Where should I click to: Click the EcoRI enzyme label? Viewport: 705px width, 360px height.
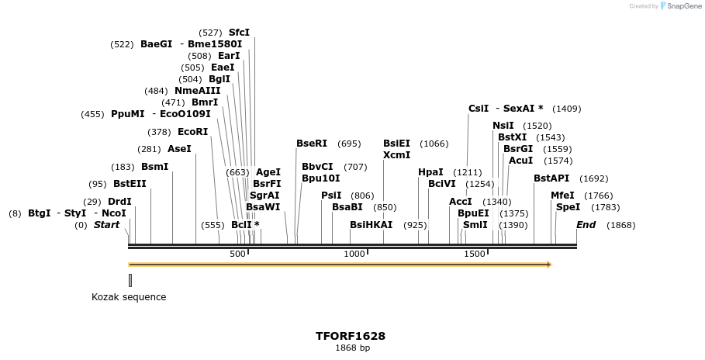(193, 132)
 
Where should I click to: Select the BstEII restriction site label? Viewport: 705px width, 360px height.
(130, 184)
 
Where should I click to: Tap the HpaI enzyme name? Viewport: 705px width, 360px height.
(430, 172)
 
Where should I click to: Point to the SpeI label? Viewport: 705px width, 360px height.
(568, 207)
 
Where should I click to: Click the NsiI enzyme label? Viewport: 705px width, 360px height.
(503, 126)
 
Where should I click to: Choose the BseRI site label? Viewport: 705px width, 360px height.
(312, 144)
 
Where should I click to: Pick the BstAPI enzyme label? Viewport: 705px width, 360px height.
(551, 178)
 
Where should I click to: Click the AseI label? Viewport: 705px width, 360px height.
(179, 149)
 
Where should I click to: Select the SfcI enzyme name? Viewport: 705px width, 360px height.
(239, 33)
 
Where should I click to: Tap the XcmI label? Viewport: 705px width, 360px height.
(396, 155)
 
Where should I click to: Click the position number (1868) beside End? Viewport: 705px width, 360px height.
(620, 225)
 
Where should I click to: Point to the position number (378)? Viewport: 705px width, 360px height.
(159, 132)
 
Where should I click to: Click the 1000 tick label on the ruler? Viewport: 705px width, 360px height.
(354, 254)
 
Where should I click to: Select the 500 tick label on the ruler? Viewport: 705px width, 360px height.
(237, 254)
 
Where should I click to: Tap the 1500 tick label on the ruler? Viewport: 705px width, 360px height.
(474, 254)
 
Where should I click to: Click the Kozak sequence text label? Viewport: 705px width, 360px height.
(129, 297)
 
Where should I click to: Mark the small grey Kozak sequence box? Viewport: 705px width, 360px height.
(130, 280)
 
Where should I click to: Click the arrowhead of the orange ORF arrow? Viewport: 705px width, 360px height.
(548, 265)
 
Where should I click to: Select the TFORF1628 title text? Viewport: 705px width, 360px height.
(351, 337)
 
